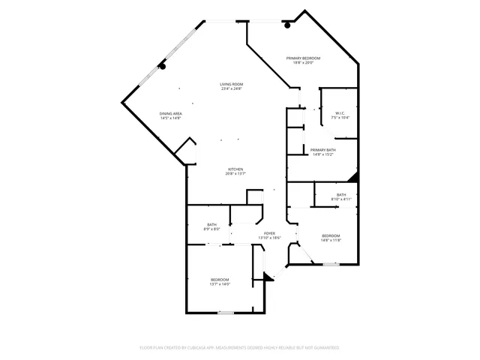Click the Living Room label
[232, 84]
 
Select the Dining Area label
[171, 113]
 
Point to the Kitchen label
[236, 169]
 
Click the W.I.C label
[340, 113]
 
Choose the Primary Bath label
[323, 150]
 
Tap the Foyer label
[269, 233]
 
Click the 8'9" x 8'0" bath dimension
[213, 229]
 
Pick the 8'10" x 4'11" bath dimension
[341, 199]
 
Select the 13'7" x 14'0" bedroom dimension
[220, 284]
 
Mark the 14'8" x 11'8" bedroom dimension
[331, 240]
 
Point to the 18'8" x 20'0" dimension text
[302, 63]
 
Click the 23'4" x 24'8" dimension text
[232, 89]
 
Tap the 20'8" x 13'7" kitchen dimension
[236, 174]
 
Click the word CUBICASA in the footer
[193, 348]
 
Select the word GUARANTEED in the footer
[325, 348]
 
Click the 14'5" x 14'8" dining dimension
[171, 118]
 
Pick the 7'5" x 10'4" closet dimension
[340, 118]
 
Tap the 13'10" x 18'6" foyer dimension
[269, 238]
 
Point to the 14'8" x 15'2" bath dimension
[323, 155]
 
